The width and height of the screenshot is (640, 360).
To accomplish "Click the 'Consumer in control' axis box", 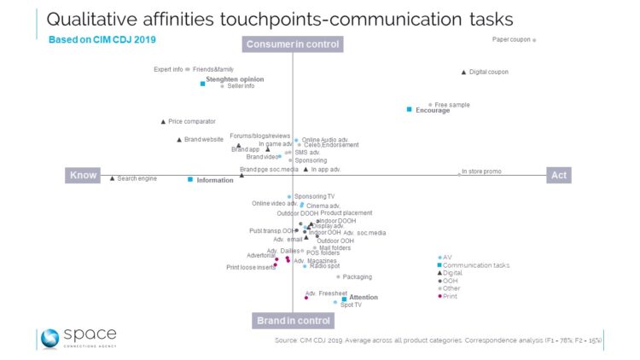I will coord(293,44).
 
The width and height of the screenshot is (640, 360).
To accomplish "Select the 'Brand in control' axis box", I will coord(293,321).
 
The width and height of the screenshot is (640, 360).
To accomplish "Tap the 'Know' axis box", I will coord(83,175).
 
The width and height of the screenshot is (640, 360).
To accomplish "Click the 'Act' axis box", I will coord(558,175).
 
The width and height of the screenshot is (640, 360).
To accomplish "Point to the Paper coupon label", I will coord(510,40).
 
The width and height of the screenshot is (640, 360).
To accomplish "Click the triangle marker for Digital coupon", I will coord(463,72).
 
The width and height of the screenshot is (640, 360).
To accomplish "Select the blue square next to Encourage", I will coord(410,109).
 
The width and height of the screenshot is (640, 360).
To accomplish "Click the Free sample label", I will coord(452,105).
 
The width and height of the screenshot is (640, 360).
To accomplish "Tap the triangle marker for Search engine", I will coord(113,178).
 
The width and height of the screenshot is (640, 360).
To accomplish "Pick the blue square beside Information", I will coord(190,180).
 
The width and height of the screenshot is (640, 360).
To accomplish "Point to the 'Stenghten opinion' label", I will coord(235,79).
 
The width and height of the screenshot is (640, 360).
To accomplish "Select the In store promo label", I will coord(481,171).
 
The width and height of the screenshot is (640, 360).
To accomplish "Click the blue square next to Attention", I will coord(344,299).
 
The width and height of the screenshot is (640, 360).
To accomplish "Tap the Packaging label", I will coord(357,276).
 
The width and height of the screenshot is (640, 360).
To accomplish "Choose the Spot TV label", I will coord(351,305).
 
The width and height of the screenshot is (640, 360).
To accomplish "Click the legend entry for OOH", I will coord(449,281).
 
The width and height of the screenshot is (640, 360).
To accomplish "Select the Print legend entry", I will coord(449,296).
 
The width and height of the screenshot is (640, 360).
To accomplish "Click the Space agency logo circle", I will coord(50,338).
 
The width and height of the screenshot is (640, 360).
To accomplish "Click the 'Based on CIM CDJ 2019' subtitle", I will coord(102,38).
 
